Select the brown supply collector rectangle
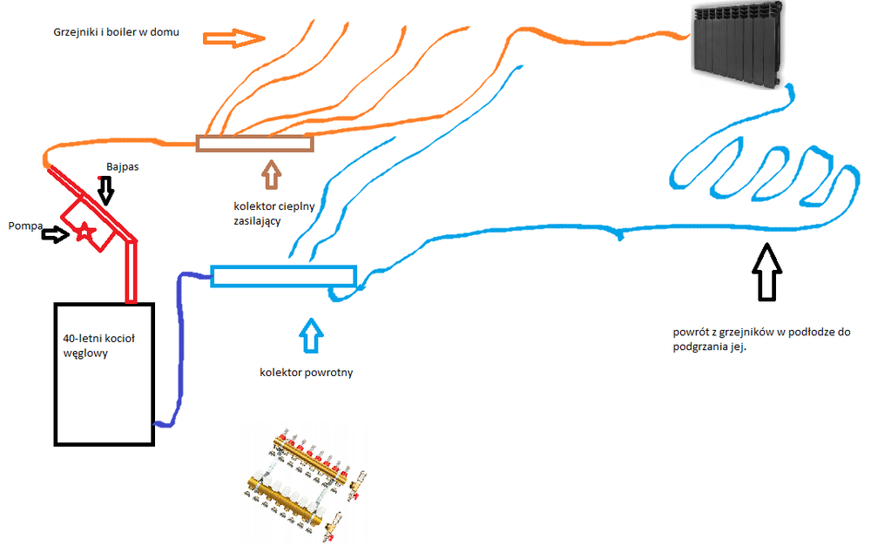254,144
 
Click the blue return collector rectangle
284,276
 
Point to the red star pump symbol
84,232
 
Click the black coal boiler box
104,374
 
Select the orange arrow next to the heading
233,37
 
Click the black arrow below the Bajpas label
106,189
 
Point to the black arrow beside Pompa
55,234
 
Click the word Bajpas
122,165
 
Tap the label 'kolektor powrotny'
306,373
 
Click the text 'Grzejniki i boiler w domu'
115,33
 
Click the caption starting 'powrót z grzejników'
761,340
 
